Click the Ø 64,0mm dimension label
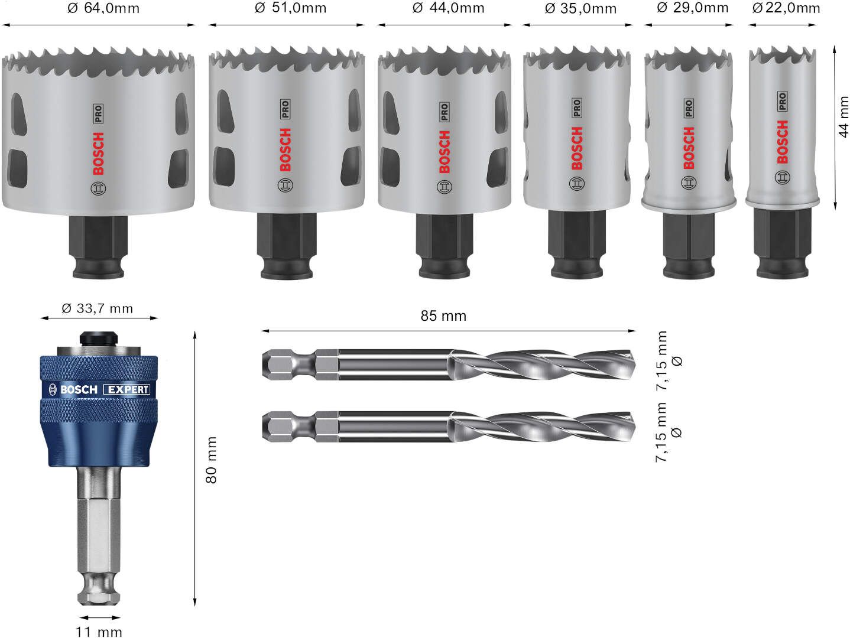click(x=103, y=8)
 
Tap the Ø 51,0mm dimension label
click(x=290, y=8)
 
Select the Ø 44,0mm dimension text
click(x=449, y=8)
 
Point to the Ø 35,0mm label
click(x=580, y=8)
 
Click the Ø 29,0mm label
click(x=693, y=8)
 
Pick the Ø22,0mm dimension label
click(x=786, y=8)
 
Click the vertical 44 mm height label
click(x=843, y=117)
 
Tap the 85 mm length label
click(x=443, y=316)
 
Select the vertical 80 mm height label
click(x=211, y=460)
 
